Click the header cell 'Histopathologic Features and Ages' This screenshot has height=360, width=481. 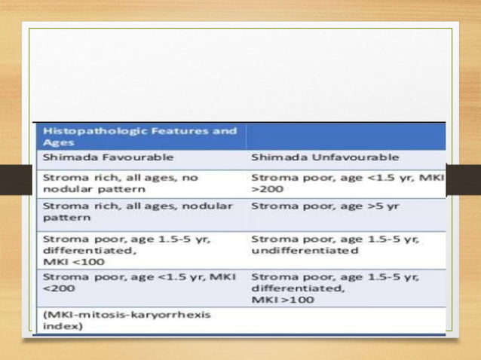[139, 136]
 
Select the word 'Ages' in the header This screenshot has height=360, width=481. [54, 142]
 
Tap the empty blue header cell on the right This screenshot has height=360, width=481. [345, 136]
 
